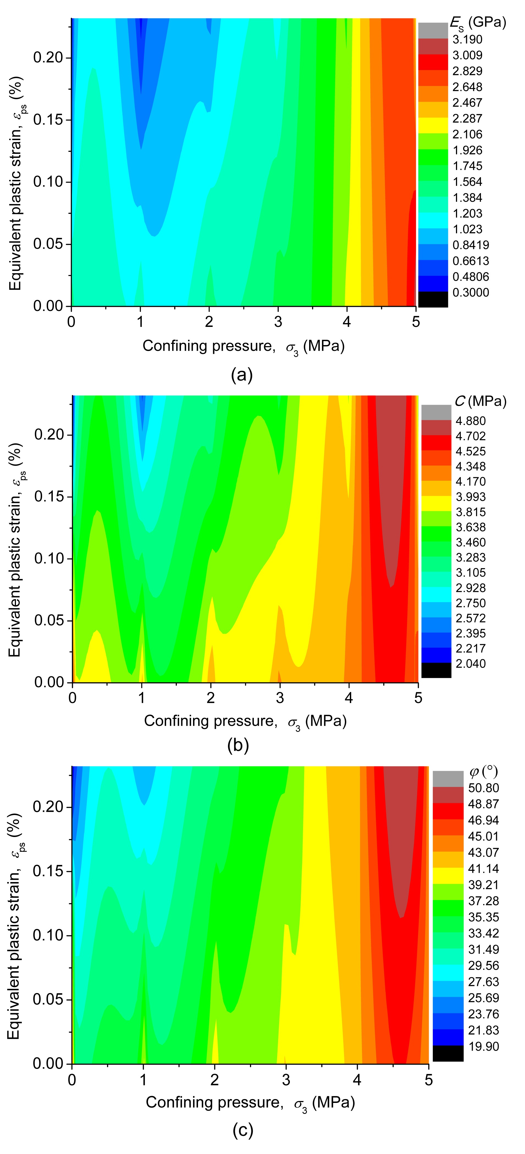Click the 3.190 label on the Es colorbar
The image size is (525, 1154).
pos(467,40)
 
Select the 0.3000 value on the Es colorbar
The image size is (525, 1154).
pos(470,293)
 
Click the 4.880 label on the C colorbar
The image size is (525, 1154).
pos(470,421)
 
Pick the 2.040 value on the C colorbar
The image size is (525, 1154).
pos(470,663)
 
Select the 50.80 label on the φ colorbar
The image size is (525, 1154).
pos(483,788)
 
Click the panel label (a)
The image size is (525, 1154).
pos(242,374)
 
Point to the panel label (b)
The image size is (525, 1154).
pos(238,746)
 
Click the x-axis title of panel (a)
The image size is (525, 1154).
pos(243,346)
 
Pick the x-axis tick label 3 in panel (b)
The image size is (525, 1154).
pos(280,697)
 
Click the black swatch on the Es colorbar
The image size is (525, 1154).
pos(433,299)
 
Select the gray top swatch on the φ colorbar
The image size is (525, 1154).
pos(447,778)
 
